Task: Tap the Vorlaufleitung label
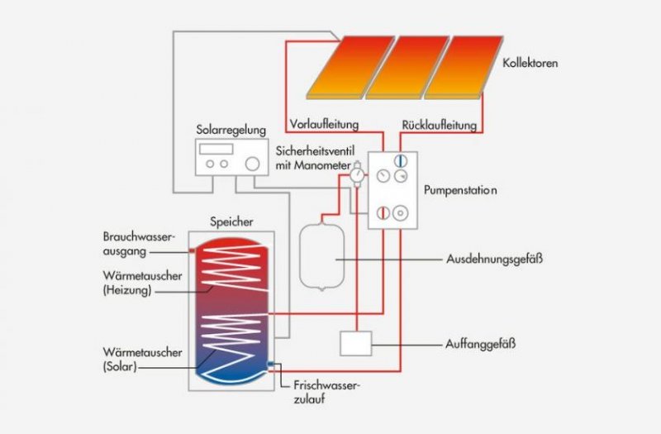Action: coord(324,125)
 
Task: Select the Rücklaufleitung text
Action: coord(440,126)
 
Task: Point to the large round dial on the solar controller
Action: coord(246,164)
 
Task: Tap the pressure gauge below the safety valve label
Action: coord(357,176)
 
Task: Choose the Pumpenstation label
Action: coord(460,189)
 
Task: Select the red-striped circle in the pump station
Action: coord(382,213)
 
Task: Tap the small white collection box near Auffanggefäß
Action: coord(355,342)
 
